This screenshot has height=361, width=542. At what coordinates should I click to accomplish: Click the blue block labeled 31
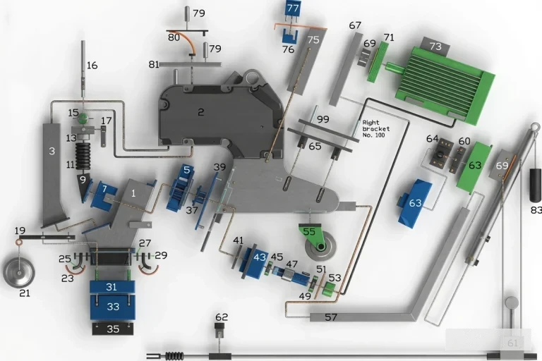[x=112, y=287]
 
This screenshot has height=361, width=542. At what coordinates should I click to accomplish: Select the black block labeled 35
[x=113, y=329]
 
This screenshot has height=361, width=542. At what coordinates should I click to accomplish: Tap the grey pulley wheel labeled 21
[x=19, y=272]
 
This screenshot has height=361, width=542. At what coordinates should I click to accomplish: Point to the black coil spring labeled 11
[x=83, y=156]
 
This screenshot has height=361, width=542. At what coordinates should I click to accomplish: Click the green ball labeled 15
[x=83, y=118]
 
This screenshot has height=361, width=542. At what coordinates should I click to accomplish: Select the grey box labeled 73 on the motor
[x=435, y=46]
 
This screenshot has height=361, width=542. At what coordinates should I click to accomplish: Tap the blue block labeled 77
[x=293, y=8]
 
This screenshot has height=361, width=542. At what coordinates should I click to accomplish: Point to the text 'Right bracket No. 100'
[x=375, y=129]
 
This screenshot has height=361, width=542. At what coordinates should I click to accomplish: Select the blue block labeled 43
[x=256, y=258]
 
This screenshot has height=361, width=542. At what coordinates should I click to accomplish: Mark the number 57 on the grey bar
[x=331, y=317]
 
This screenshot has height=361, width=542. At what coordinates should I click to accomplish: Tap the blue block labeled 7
[x=103, y=194]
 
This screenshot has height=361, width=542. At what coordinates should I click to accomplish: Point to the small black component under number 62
[x=219, y=330]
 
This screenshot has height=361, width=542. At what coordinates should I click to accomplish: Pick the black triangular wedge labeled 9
[x=83, y=187]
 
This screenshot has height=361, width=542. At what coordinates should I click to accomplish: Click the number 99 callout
[x=323, y=120]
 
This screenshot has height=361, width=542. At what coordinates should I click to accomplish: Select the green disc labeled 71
[x=378, y=62]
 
